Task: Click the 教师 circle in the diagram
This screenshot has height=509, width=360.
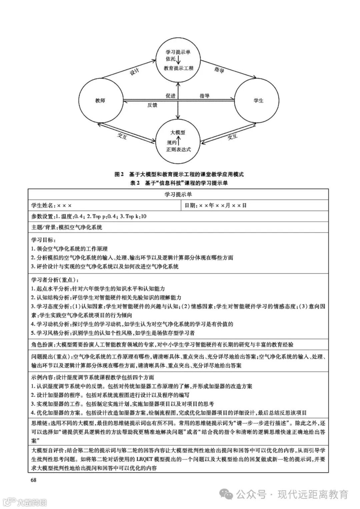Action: point(100,100)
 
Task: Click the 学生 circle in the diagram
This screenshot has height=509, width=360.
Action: point(258,100)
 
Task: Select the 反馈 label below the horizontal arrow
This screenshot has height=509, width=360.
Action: point(152,105)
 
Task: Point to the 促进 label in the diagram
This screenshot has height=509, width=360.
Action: point(170,96)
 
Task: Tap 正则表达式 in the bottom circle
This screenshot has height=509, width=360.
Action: point(179,149)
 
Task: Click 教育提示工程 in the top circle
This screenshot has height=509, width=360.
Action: point(179,68)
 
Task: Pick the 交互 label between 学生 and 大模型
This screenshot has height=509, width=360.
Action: point(232,137)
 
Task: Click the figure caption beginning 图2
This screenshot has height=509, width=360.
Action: point(179,174)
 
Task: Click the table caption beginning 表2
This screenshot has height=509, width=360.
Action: point(179,183)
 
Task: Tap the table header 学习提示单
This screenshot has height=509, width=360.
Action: point(178,194)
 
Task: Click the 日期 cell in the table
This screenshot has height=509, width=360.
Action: point(216,205)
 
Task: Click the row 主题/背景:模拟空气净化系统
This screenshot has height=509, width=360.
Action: point(67,228)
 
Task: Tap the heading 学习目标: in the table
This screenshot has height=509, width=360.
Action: point(44,240)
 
